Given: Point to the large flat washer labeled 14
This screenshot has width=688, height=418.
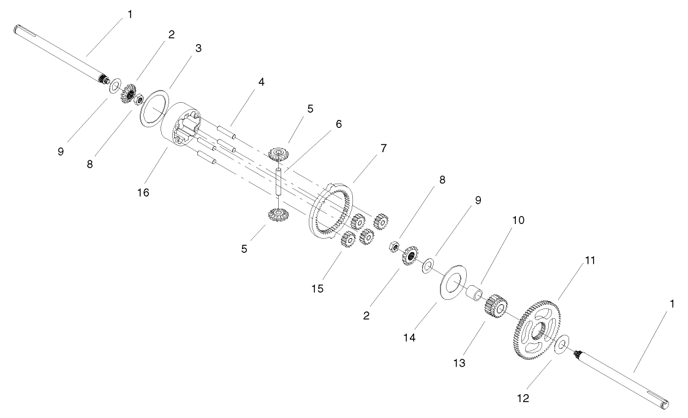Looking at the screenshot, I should coord(454,282).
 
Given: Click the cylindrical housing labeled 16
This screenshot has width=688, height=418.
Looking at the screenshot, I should coord(175,129).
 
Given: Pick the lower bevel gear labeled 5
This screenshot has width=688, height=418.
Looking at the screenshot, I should coord(279,214).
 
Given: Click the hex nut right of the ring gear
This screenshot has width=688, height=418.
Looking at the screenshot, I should coord(394,247).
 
